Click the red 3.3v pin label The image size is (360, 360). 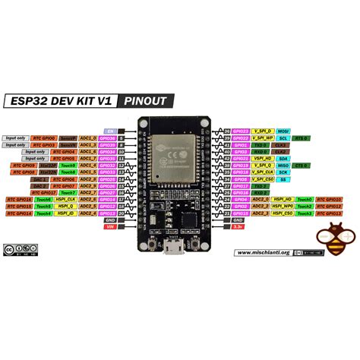(x=238, y=226)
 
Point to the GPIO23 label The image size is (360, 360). (x=242, y=131)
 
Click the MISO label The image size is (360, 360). (x=282, y=165)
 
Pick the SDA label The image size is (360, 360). (x=282, y=158)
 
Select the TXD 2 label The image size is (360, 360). (x=261, y=185)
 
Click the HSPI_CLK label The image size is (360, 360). (x=65, y=199)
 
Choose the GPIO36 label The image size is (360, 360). (x=108, y=137)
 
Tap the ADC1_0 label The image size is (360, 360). (x=87, y=137)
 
